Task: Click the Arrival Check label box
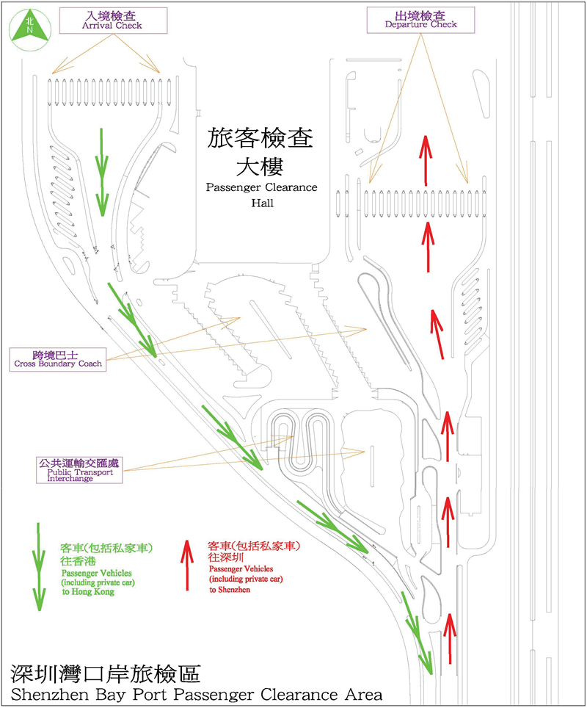112,19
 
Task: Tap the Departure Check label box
420,19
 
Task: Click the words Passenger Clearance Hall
261,195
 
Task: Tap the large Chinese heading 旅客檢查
261,138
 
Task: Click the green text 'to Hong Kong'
87,592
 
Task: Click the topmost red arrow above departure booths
426,158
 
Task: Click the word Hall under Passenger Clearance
261,203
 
